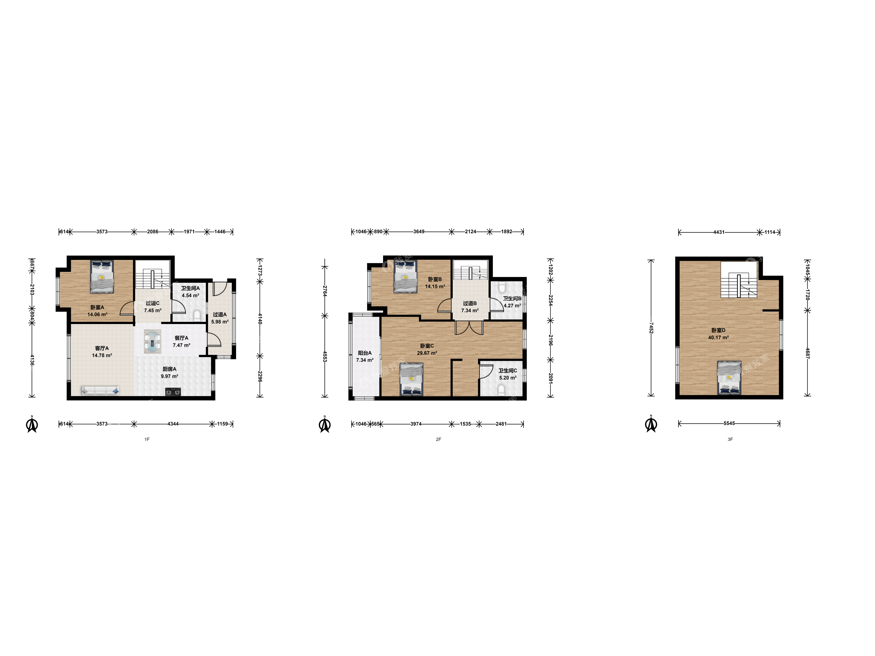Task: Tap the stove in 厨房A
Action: tap(173, 392)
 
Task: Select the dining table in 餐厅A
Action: tap(152, 341)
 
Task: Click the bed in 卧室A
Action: tap(102, 276)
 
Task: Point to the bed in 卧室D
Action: tap(729, 378)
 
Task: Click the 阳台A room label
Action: tap(365, 353)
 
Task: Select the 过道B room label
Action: tap(470, 303)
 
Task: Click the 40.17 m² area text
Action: tap(718, 338)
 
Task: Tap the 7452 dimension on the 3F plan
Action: tap(651, 328)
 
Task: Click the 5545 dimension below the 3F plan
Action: tap(729, 423)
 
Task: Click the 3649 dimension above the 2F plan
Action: tap(419, 232)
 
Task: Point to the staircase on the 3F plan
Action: tap(739, 280)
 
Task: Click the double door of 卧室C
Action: tap(469, 328)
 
